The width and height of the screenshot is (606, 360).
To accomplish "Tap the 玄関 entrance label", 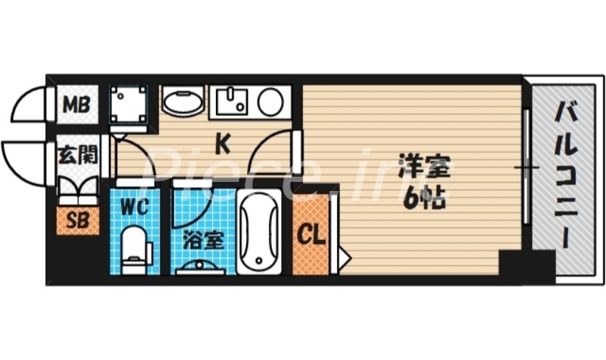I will click(x=77, y=156).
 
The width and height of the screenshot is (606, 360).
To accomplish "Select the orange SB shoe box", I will click(x=77, y=221).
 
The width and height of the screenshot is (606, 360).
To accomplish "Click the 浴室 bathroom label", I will click(x=203, y=242).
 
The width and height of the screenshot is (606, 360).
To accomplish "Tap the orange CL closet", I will click(x=311, y=234).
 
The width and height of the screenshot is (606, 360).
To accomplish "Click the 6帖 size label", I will click(x=422, y=199).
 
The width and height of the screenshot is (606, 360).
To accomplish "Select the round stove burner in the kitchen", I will click(x=270, y=101).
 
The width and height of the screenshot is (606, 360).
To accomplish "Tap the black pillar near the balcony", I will click(x=526, y=267).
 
